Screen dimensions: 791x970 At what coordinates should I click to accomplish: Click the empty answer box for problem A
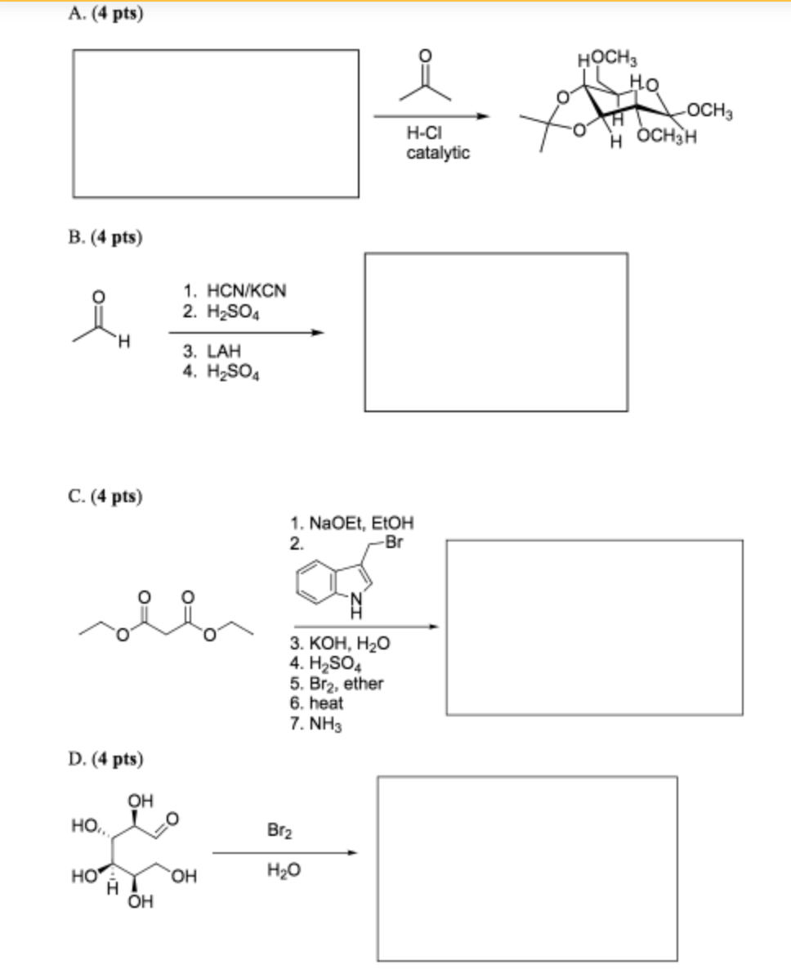click(x=216, y=123)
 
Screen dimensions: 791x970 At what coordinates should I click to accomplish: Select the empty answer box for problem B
click(x=496, y=331)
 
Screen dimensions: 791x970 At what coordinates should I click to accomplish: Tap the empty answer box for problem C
click(x=594, y=626)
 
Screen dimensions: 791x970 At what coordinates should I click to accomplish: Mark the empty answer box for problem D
click(x=527, y=868)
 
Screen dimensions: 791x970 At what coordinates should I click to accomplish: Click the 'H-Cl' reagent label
click(x=425, y=135)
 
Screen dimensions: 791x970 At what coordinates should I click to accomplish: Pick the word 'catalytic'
click(x=438, y=153)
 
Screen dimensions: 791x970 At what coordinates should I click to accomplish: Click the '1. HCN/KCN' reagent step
click(x=235, y=290)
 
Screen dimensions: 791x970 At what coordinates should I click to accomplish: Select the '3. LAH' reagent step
click(x=212, y=353)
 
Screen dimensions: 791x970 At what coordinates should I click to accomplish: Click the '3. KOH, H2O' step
click(x=340, y=644)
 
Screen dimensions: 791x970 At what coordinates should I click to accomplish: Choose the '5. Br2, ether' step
click(x=337, y=683)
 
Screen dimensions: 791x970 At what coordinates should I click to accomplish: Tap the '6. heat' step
click(x=317, y=703)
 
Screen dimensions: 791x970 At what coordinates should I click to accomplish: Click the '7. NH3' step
click(x=314, y=722)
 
